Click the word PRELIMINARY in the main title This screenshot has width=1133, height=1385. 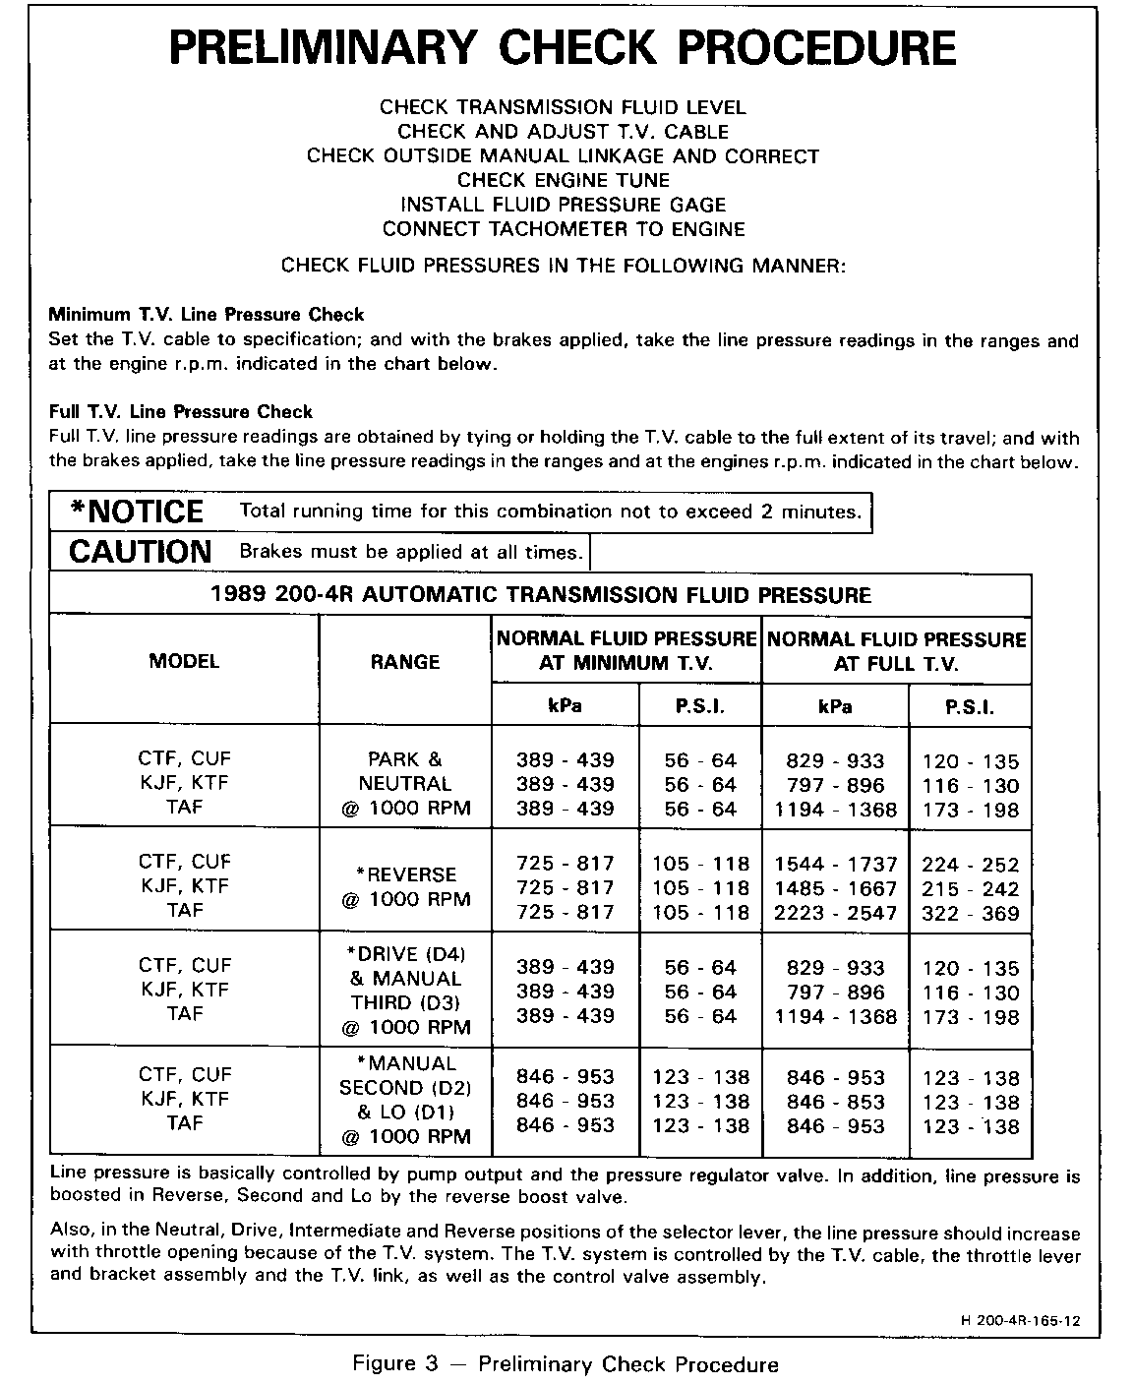324,46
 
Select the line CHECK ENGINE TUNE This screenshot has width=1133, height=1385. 564,181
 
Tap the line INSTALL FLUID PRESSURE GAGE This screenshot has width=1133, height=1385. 564,206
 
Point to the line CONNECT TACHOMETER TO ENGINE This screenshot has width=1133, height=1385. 564,230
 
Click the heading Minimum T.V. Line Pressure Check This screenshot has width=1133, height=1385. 207,316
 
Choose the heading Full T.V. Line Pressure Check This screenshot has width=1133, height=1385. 181,412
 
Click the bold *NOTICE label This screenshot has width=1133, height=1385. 137,512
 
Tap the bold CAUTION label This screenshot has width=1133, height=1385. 140,552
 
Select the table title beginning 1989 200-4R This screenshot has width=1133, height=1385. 541,595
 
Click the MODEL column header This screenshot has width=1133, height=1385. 184,662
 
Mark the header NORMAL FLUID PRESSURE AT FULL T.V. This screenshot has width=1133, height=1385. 896,651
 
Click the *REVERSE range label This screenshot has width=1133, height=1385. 405,875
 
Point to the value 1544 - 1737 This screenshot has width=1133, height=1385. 836,865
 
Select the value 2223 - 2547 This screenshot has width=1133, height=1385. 836,913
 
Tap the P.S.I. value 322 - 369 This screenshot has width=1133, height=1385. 971,914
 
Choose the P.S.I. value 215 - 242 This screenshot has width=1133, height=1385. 971,889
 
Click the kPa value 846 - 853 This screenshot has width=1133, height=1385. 836,1103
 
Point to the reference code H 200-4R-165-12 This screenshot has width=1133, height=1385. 1016,1321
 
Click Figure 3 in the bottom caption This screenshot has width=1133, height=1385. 397,1364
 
